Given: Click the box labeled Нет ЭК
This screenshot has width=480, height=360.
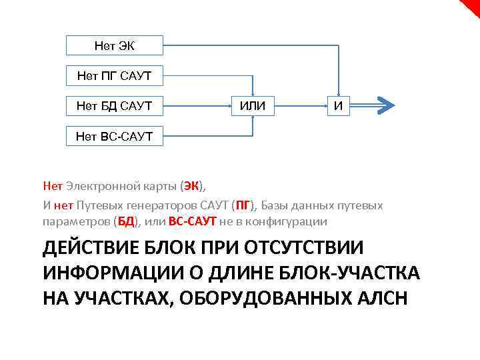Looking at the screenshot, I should point(114,45).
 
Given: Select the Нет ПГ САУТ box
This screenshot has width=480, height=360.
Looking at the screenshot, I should point(114,76).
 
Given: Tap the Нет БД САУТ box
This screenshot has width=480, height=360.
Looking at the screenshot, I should point(114,106).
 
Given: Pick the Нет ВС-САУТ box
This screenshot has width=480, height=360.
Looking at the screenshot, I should point(114,137).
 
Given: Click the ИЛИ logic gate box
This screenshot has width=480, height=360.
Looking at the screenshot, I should point(253,106).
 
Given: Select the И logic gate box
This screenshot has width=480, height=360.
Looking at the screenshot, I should point(339,106).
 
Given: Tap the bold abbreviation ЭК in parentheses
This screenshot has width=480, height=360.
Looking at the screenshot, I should point(192,185).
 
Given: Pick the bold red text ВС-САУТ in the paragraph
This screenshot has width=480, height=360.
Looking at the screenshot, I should point(193,221).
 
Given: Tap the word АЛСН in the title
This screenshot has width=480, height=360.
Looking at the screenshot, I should point(383,298).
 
